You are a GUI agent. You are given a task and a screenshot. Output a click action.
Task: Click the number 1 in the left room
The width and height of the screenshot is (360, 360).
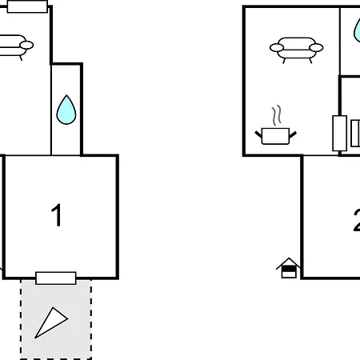tap(57, 215)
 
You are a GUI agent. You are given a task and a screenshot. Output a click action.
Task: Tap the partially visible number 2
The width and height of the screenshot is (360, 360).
tap(357, 220)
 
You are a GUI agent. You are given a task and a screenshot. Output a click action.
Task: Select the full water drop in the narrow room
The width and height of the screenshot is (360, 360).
tap(66, 110)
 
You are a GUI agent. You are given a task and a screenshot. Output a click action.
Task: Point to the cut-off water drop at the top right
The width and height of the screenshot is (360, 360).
tap(357, 30)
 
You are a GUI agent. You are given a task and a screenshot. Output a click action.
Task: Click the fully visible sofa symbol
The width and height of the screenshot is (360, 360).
tap(297, 50)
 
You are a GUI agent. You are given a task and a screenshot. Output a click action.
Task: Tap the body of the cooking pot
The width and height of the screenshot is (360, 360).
tap(275, 136)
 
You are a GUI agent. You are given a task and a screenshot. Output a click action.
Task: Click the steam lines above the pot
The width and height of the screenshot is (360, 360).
tap(277, 115)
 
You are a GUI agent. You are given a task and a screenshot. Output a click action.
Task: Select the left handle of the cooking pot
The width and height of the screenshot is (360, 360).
tap(258, 134)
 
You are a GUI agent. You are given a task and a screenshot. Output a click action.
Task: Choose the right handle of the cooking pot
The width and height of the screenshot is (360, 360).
tap(293, 134)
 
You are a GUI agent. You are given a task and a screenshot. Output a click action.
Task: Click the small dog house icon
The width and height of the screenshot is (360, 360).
tap(288, 268)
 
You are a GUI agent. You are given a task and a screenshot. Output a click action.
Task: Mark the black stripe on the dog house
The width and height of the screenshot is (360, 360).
tap(289, 269)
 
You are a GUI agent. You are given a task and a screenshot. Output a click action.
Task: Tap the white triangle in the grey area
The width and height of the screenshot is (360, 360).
tap(51, 323)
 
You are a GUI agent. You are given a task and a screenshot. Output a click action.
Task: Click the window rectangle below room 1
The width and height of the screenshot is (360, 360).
tap(56, 278)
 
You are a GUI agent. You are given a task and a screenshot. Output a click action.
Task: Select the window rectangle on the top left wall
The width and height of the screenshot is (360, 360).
tap(27, 6)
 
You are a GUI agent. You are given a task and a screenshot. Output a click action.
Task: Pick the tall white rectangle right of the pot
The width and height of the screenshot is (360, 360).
tap(340, 133)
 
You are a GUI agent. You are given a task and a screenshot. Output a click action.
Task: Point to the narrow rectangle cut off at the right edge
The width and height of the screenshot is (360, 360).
tap(355, 133)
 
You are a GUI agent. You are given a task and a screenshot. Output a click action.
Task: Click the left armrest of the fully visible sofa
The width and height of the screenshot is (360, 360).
tap(277, 48)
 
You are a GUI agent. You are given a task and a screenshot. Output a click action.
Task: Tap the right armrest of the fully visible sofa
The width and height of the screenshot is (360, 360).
tap(316, 48)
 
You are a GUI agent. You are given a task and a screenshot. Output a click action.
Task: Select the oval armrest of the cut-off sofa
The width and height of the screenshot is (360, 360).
tap(26, 45)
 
